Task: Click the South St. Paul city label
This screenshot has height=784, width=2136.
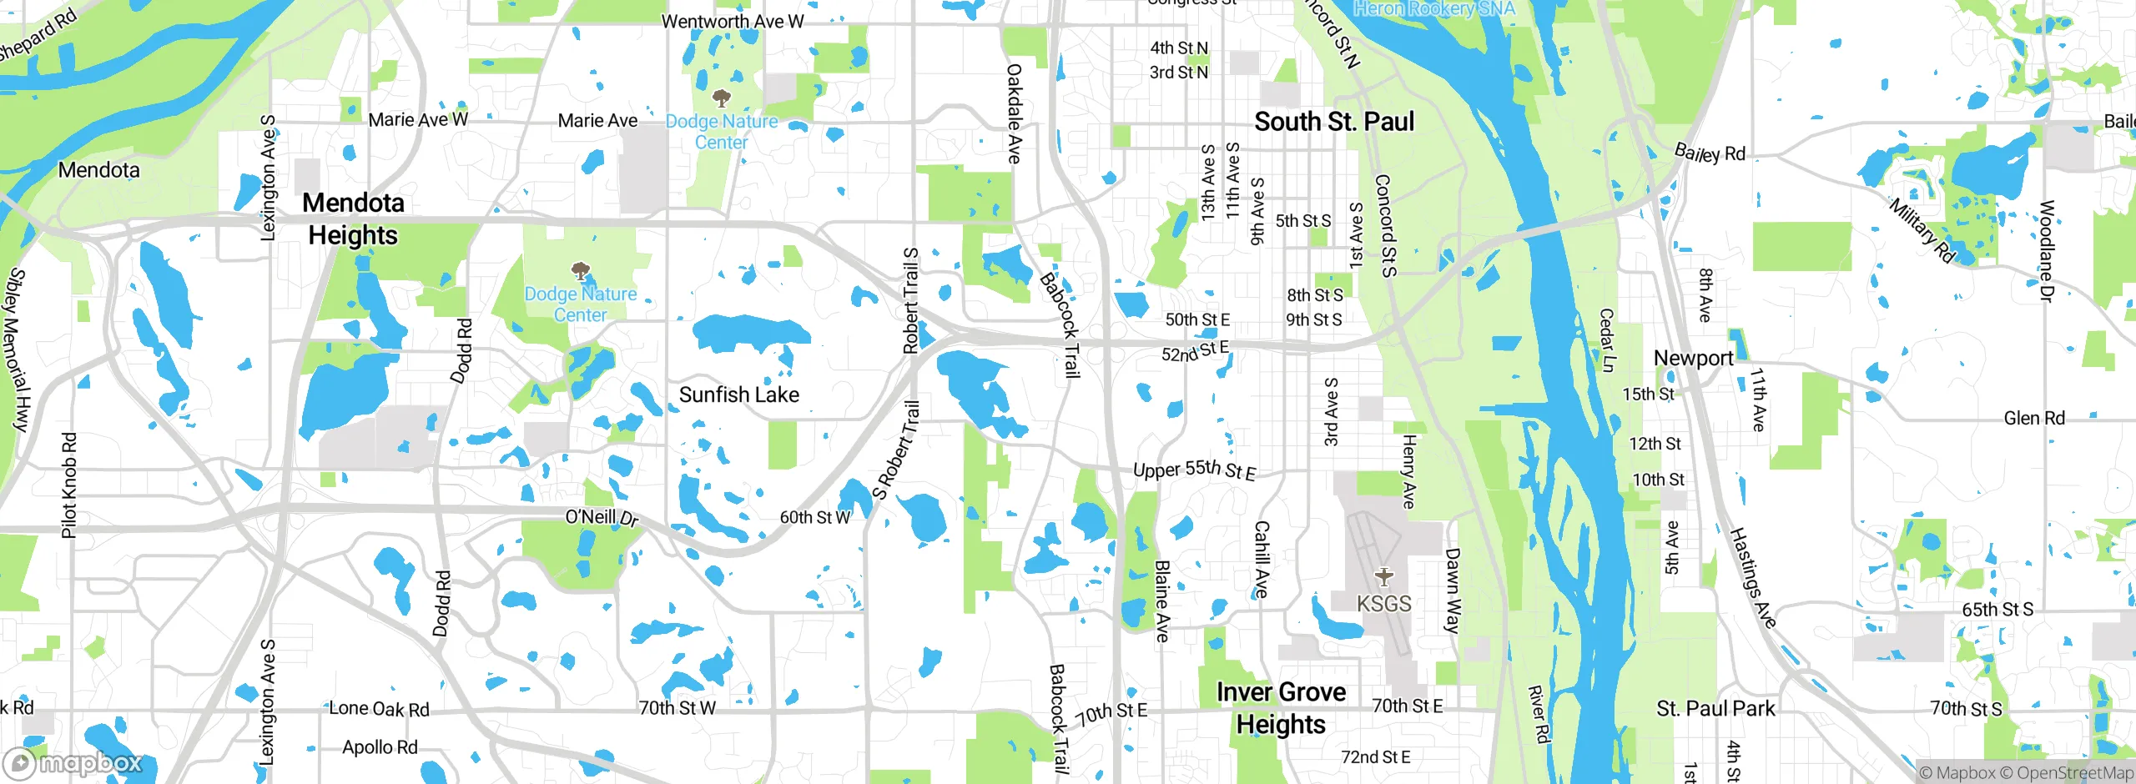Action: tap(1334, 122)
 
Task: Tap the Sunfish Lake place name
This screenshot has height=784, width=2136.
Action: tap(738, 395)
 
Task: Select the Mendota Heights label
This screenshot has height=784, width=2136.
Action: tap(353, 219)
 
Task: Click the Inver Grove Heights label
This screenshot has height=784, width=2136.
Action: tap(1281, 708)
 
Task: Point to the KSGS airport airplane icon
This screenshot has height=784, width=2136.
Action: tap(1384, 576)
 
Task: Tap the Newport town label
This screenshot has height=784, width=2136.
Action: tap(1693, 358)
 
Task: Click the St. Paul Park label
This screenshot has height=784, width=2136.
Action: tap(1715, 709)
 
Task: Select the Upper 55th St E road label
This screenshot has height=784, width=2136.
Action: tap(1194, 470)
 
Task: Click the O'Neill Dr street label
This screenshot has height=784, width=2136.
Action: tap(602, 518)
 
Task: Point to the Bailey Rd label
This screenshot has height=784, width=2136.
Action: tap(1710, 153)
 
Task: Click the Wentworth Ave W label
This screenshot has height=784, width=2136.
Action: tap(733, 22)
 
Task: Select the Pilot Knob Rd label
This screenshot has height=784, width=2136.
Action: tap(69, 485)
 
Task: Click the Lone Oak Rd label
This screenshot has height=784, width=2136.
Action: tap(379, 709)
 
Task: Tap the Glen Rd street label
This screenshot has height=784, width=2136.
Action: tap(2034, 418)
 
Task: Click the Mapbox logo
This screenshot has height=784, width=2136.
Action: tap(73, 763)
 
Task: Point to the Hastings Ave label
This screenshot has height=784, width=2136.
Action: tap(1751, 577)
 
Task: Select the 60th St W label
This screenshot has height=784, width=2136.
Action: tap(815, 517)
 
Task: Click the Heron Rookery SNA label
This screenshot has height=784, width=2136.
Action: tap(1433, 9)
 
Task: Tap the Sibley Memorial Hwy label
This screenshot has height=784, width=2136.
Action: tap(18, 349)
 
